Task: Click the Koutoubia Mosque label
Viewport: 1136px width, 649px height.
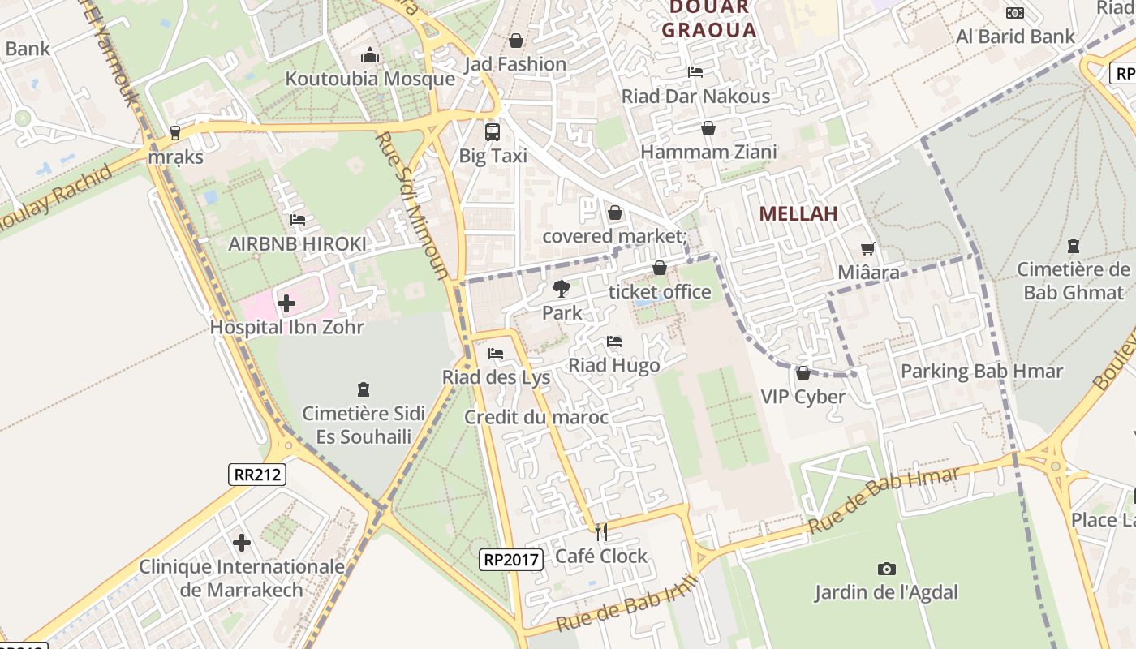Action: click(x=370, y=79)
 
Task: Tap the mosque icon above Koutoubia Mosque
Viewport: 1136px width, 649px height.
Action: click(x=370, y=55)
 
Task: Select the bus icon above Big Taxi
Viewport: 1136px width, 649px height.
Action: click(x=493, y=131)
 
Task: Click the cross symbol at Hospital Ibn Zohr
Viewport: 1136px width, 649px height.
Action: click(x=286, y=304)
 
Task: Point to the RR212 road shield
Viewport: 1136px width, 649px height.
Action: click(x=257, y=475)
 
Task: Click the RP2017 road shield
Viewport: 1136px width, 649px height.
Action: click(x=510, y=559)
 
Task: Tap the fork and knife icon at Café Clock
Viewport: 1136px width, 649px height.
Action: click(x=601, y=532)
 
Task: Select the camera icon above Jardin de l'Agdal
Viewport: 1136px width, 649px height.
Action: click(x=886, y=569)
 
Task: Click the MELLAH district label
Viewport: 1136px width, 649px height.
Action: click(x=798, y=214)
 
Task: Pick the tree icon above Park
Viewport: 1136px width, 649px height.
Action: click(x=561, y=288)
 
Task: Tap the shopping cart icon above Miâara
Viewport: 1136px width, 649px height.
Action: click(x=868, y=249)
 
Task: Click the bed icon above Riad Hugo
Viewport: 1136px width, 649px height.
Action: click(x=614, y=342)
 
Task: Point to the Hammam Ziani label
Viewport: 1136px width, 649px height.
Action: click(x=708, y=152)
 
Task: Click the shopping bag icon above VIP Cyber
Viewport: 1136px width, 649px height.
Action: click(x=803, y=373)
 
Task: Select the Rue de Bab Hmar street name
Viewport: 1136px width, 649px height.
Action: click(x=884, y=501)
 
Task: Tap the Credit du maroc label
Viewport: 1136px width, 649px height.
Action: click(x=536, y=417)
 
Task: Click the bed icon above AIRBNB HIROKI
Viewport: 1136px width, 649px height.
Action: click(x=298, y=220)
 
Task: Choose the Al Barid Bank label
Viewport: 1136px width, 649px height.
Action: click(x=1015, y=37)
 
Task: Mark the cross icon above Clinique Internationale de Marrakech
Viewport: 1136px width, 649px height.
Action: click(x=242, y=543)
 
